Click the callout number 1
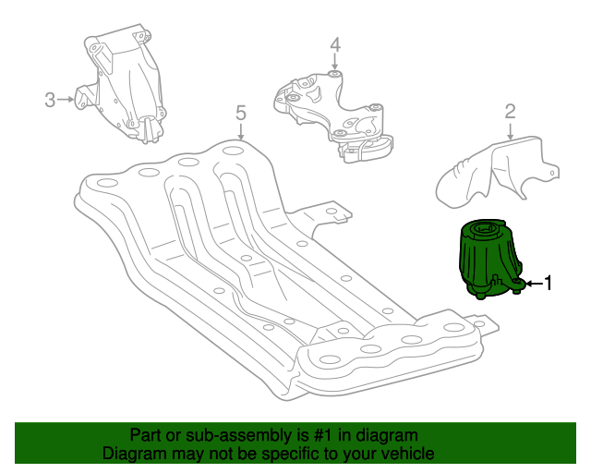point(548,283)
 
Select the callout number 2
point(510,112)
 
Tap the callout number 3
point(50,100)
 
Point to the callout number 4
point(335,45)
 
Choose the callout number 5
point(241,113)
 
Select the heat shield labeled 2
point(497,172)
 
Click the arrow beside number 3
point(66,100)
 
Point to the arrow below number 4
point(334,62)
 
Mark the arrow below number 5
point(241,131)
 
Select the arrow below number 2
point(510,131)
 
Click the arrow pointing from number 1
point(534,284)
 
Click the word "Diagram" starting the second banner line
point(129,454)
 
